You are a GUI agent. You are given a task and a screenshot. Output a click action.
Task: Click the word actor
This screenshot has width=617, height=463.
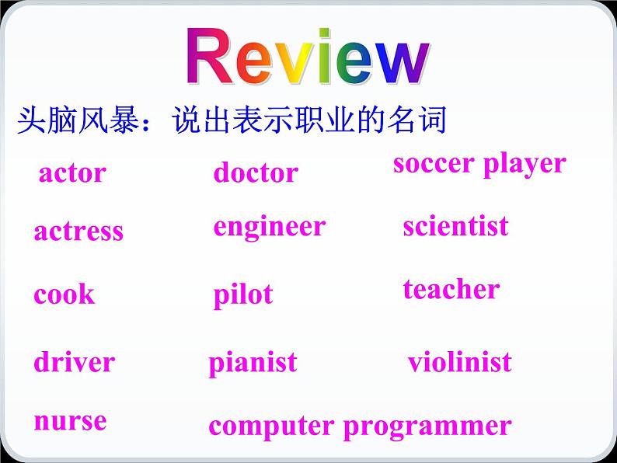tap(72, 173)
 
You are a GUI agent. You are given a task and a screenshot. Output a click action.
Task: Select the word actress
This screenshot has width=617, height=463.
tap(78, 231)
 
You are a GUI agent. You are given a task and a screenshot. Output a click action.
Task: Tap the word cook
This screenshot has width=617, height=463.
tap(64, 295)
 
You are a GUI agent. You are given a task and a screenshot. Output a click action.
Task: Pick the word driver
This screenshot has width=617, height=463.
tap(74, 362)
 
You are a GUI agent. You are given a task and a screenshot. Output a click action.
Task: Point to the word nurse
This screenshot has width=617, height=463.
tap(70, 421)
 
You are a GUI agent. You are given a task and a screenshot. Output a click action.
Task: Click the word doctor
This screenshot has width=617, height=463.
tap(256, 172)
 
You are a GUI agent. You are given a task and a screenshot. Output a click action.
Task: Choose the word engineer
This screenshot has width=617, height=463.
tap(269, 227)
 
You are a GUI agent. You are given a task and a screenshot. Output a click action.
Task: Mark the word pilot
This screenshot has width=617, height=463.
tap(243, 295)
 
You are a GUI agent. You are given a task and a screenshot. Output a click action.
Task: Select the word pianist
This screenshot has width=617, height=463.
tap(253, 362)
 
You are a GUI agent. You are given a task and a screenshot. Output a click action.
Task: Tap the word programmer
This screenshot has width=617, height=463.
tap(427, 426)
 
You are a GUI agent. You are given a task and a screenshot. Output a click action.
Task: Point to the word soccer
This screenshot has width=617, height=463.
tap(434, 163)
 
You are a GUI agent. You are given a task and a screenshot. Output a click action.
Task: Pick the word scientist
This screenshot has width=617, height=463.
tap(455, 226)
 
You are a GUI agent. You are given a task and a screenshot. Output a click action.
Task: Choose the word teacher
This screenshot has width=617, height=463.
tap(451, 289)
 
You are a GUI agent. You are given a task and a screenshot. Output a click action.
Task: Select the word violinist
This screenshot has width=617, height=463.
tap(460, 362)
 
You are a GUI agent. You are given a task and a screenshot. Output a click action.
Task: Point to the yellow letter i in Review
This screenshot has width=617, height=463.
tap(301, 58)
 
